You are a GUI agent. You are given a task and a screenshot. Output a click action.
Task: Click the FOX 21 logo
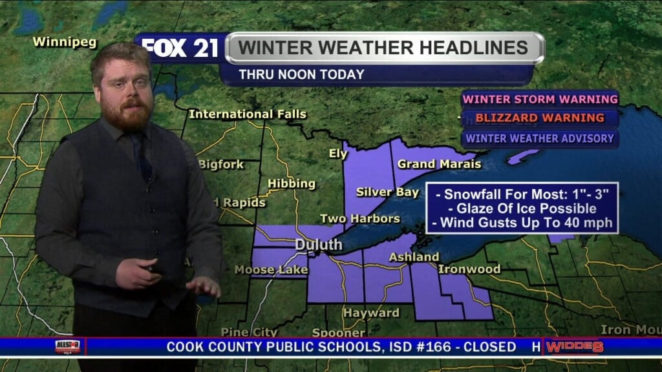179,48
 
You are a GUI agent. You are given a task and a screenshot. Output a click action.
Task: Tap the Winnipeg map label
65,43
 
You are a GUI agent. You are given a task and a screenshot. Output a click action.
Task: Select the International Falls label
248,114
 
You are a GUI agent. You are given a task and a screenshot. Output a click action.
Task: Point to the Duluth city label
319,245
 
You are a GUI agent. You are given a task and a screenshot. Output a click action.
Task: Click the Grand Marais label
439,164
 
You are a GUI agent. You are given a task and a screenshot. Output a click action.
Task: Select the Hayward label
371,313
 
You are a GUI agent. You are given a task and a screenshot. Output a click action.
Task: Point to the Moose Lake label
271,269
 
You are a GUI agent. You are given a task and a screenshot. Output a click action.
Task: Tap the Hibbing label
292,183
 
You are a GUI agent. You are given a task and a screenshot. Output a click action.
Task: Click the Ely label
338,154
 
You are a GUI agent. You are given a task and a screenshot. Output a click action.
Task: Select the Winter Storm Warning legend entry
540,99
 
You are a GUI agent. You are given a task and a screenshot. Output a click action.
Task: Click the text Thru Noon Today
301,75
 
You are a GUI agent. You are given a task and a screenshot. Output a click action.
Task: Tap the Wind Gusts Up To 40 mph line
522,223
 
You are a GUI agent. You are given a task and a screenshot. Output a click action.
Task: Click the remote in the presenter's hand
154,267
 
